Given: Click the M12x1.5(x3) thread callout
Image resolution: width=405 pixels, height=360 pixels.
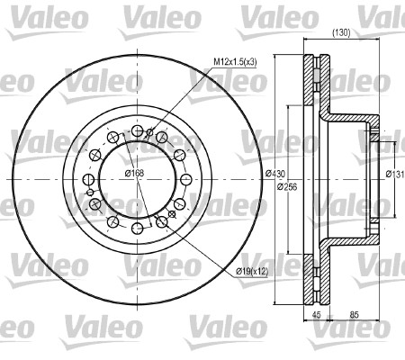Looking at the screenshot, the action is pos(235,62).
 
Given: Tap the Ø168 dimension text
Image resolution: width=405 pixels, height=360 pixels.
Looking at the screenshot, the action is pos(135,173).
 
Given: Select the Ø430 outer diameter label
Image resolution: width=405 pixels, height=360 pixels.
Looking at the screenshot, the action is pos(275,174).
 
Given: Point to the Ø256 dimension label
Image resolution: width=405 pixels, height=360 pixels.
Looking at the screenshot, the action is pos(287,186).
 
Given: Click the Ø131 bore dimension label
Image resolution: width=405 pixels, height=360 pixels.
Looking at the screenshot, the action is pos(395,174).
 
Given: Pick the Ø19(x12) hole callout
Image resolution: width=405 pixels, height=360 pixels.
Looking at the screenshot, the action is pos(252,272).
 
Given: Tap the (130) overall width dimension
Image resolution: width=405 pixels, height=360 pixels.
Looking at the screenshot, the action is pos(341,33).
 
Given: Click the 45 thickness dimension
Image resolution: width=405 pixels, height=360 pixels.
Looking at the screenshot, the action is pos(317,315).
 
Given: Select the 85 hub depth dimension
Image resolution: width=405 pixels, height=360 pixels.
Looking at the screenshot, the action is pos(355,315).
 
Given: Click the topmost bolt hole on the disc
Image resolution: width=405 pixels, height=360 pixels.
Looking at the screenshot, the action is pos(138,130).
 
